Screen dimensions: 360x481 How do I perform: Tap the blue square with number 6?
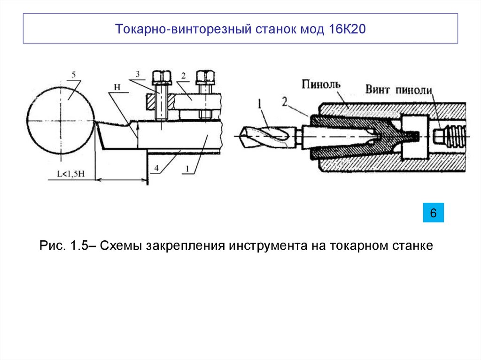433,213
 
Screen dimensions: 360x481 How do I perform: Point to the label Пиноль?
322,84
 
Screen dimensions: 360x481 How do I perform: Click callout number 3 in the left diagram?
138,74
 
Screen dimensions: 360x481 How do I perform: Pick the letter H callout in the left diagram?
116,87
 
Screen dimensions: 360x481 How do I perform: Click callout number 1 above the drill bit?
259,102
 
